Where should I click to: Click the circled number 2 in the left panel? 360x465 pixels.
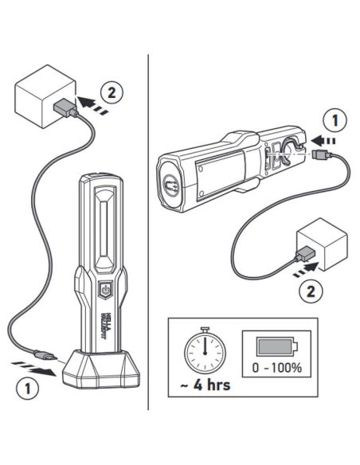114,92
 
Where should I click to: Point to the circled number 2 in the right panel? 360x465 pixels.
311,289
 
